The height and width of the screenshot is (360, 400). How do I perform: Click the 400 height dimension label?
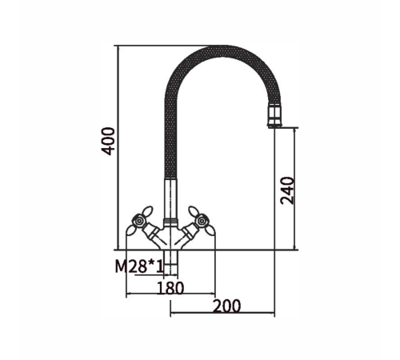click(x=108, y=141)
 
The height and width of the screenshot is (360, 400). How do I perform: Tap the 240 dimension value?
click(x=287, y=190)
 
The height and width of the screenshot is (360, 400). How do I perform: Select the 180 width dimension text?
click(x=170, y=288)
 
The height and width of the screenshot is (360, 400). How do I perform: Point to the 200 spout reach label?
click(x=227, y=306)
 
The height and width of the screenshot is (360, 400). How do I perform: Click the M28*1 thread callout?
click(x=139, y=266)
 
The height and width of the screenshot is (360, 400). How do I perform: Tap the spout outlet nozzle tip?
click(x=274, y=116)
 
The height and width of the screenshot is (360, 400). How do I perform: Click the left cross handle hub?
click(x=139, y=221)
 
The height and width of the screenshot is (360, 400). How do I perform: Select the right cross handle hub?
click(x=202, y=221)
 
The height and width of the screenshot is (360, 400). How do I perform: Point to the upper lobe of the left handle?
click(x=147, y=211)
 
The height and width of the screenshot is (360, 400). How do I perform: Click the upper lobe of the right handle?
click(x=194, y=211)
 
